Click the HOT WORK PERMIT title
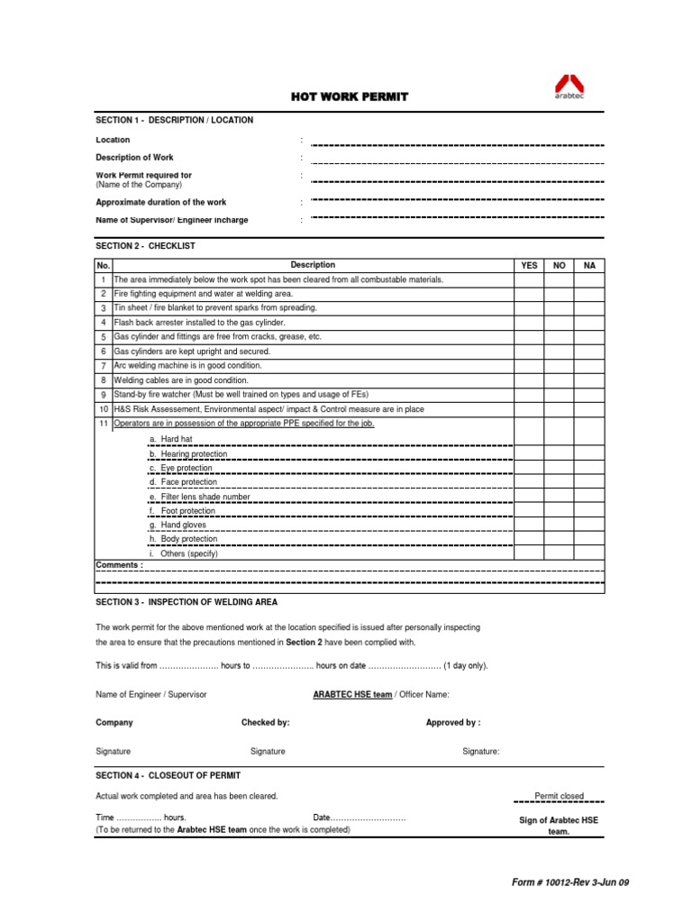tap(349, 96)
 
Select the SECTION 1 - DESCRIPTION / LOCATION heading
tap(175, 120)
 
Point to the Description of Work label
tap(135, 158)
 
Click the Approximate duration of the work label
tap(161, 203)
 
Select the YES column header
tap(529, 266)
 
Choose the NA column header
tap(589, 266)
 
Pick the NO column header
tap(559, 266)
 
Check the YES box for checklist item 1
tap(529, 280)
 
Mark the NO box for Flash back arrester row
tap(559, 323)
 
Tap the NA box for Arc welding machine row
tap(589, 366)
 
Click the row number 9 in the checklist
tap(104, 395)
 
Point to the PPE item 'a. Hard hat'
tap(171, 439)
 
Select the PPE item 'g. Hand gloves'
tap(178, 525)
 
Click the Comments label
tap(119, 565)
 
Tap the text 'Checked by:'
tap(265, 723)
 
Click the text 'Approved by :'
tap(452, 723)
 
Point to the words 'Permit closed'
tap(559, 796)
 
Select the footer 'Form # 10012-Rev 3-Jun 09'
tap(569, 882)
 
